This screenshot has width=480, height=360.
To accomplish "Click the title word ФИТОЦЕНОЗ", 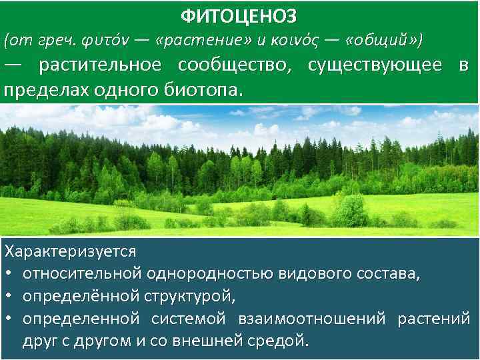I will point(239,14).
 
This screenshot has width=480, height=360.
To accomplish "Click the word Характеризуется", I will point(70,252).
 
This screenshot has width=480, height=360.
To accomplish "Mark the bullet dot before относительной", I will point(9,274).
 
